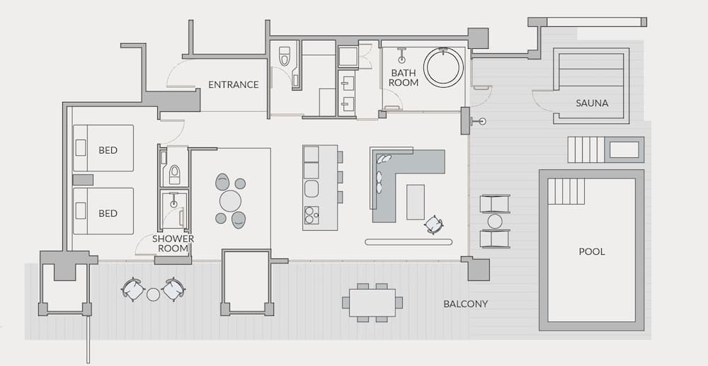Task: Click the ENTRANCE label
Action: coord(233,85)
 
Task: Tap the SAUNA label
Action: coord(591,103)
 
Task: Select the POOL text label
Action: coord(591,251)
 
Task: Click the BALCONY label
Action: coord(465,304)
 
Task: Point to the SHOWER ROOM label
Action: coord(173,244)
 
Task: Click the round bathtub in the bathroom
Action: coord(443,68)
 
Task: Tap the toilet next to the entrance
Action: coord(285,57)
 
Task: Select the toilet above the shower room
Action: coord(174,174)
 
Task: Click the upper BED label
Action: coord(108,150)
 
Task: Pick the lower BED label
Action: coord(108,213)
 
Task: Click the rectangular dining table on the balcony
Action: coord(372,302)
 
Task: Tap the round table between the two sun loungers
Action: coord(494,221)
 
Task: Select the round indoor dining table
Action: coord(230,201)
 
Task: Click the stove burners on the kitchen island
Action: coord(311,215)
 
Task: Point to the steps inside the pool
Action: coord(566,191)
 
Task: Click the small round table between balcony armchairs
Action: coord(153,293)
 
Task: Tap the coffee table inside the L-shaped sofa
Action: coord(416,201)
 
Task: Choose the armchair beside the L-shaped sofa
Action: coord(433,225)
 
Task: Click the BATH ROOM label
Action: coord(404,77)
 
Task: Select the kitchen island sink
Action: coord(311,188)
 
